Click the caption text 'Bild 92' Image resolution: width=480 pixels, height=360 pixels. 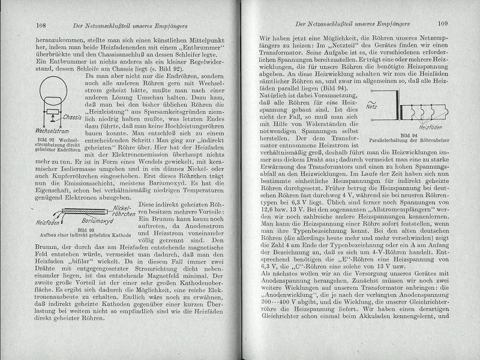click(x=39, y=155)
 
